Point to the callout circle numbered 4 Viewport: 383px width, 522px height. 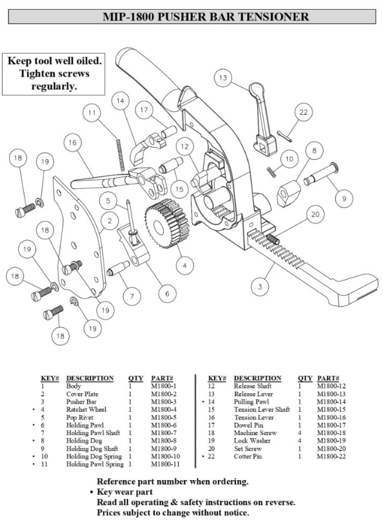click(185, 264)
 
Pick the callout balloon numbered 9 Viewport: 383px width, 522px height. click(344, 198)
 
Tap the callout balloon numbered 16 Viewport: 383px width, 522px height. click(72, 142)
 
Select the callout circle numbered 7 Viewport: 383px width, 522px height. click(131, 296)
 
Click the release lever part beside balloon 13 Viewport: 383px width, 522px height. click(264, 126)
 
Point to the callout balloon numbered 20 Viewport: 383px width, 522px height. click(315, 215)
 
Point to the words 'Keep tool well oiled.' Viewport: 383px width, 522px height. click(54, 61)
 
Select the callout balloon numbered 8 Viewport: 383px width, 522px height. click(314, 151)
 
